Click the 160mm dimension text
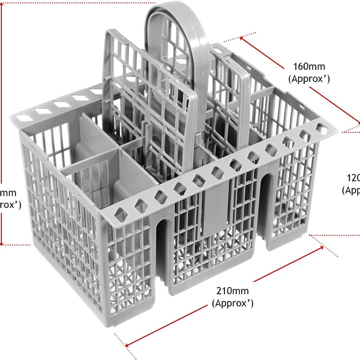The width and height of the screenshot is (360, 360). (x=309, y=67)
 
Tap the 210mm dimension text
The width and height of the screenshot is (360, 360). (x=232, y=292)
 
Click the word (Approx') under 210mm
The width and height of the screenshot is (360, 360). (x=232, y=303)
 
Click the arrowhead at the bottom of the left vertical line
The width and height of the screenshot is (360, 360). (x=4, y=242)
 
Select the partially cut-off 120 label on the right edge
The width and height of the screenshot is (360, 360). (x=353, y=177)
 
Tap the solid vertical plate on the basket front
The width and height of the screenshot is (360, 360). (x=211, y=211)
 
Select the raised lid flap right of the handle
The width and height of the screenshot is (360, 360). (x=234, y=90)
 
